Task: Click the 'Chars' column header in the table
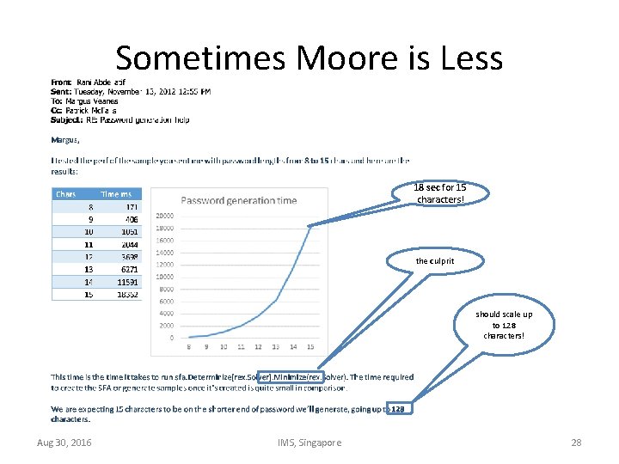[x=66, y=194]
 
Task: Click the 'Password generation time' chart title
[x=239, y=200]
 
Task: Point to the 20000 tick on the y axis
[x=164, y=216]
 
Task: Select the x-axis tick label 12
[x=258, y=347]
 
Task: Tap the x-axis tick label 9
[x=206, y=347]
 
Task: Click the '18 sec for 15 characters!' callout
[x=439, y=194]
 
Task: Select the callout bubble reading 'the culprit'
[x=434, y=260]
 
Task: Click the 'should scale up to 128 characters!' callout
[x=503, y=325]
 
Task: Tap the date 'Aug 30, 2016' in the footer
[x=64, y=443]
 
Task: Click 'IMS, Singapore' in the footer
[x=309, y=443]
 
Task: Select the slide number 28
[x=576, y=443]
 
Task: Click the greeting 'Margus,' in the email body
[x=65, y=139]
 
